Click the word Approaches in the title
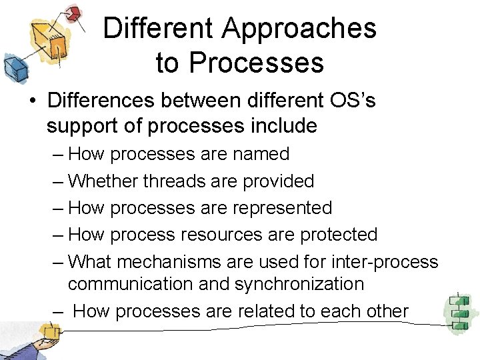tap(299, 29)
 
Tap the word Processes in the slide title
tap(256, 63)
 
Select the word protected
tap(339, 235)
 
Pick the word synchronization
tap(299, 284)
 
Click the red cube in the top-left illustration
tap(76, 13)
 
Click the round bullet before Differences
tap(32, 101)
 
